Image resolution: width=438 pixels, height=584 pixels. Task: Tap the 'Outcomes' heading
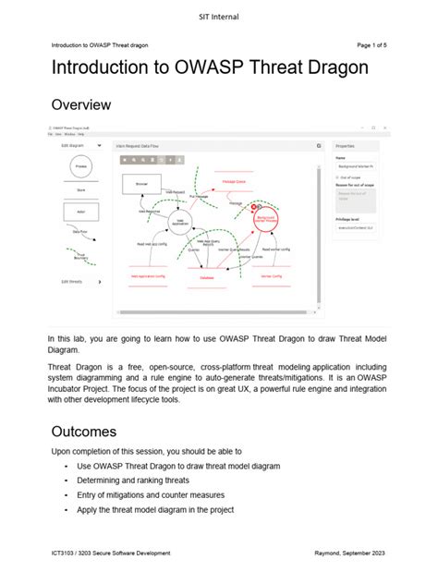click(83, 432)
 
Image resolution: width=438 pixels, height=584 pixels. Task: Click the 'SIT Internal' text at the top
click(219, 17)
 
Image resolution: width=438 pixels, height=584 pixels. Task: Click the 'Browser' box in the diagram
click(141, 184)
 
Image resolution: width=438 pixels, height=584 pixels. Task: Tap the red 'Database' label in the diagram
click(207, 276)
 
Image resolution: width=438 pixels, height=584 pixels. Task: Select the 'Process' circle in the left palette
click(81, 167)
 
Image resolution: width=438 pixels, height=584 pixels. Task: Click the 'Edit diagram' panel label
click(73, 145)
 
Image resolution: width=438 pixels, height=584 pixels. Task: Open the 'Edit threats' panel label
click(72, 281)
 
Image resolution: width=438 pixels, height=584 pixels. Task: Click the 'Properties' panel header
click(345, 146)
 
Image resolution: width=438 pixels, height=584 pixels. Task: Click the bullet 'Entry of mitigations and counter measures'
click(157, 494)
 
